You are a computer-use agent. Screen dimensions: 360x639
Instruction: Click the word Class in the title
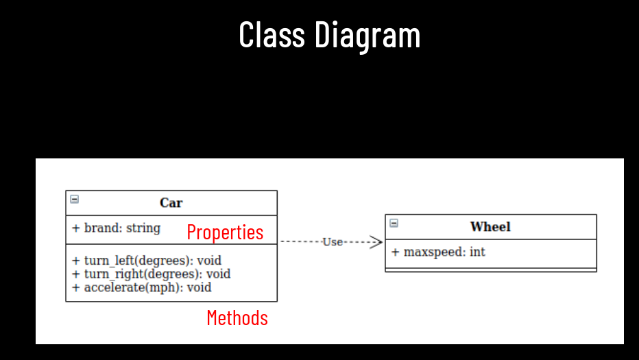click(x=272, y=34)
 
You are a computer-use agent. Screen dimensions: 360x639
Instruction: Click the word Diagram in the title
click(x=367, y=36)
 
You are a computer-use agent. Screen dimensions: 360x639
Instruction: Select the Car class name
click(x=171, y=203)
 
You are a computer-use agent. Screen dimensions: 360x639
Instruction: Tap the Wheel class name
click(x=490, y=227)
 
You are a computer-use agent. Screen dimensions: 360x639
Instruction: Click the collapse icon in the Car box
click(x=75, y=200)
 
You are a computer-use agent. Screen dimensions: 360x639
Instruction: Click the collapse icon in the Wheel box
click(x=394, y=223)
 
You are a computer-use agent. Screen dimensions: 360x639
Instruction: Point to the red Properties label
click(x=225, y=232)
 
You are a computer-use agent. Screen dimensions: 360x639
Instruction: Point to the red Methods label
click(x=237, y=318)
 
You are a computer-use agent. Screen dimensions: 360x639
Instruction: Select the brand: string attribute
click(x=116, y=228)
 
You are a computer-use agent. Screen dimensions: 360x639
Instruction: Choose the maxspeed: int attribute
click(x=438, y=252)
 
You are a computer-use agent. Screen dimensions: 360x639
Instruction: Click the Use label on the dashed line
click(x=333, y=242)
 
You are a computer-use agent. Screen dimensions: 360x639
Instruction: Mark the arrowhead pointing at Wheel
click(x=376, y=242)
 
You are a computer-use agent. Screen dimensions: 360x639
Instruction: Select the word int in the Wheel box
click(x=477, y=252)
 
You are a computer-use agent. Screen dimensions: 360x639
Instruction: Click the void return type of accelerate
click(x=200, y=287)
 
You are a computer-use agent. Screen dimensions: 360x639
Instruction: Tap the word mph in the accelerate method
click(x=168, y=288)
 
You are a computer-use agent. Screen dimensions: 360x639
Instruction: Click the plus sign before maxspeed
click(x=396, y=252)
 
